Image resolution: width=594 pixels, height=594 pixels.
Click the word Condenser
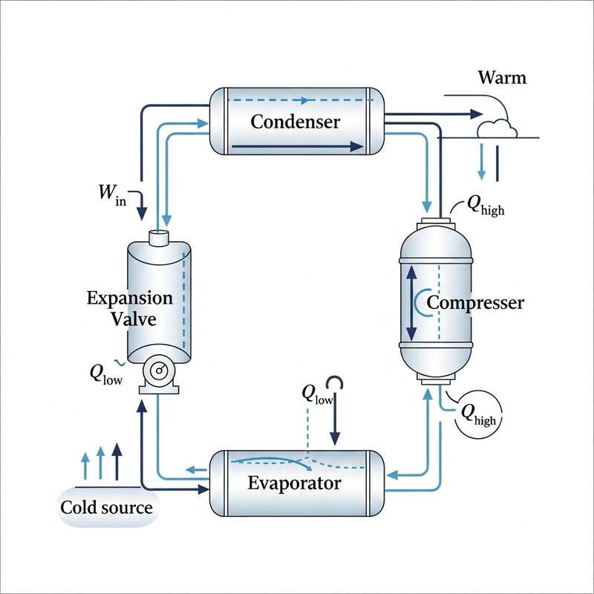click(x=295, y=121)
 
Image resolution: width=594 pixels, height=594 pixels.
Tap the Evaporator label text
click(x=294, y=483)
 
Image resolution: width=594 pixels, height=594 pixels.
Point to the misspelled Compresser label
click(x=475, y=303)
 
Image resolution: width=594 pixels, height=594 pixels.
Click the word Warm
click(x=502, y=77)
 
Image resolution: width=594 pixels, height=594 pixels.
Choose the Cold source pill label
click(x=106, y=508)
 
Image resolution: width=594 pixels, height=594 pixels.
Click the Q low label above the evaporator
click(x=318, y=394)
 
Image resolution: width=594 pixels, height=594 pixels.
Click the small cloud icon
click(x=496, y=128)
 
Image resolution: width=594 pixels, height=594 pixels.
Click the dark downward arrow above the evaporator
click(x=335, y=423)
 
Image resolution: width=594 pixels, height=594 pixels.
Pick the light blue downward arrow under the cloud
click(x=482, y=160)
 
